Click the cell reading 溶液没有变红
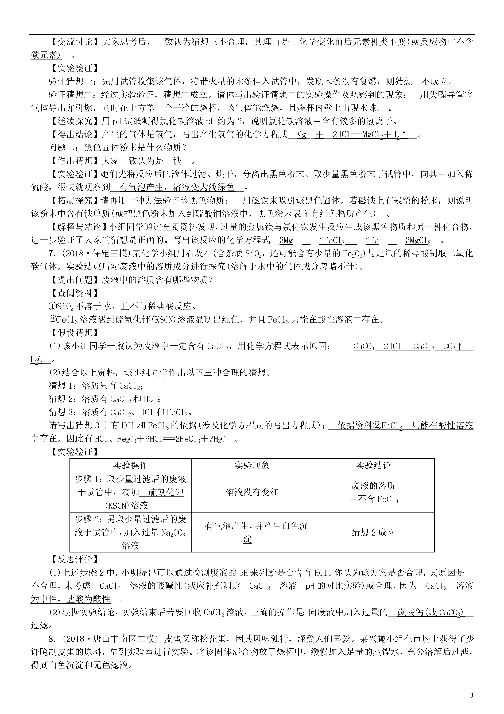252,492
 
